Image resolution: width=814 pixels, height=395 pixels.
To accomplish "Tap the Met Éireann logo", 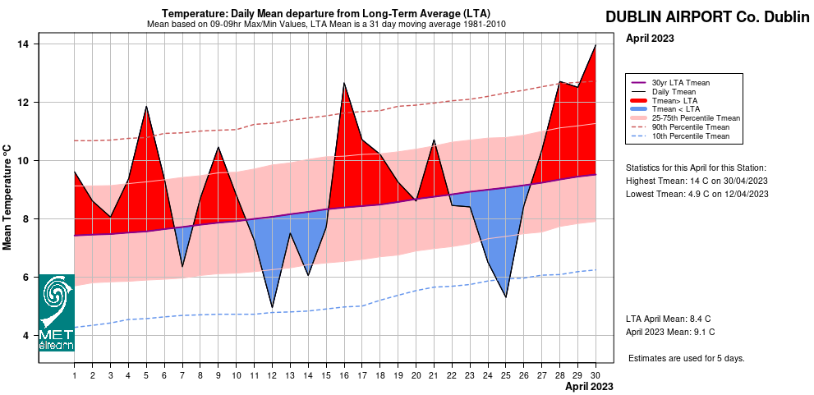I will coord(57,313).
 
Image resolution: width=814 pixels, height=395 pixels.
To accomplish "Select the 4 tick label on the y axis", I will coord(25,336).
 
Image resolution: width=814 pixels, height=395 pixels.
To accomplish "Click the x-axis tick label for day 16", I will coord(343,375).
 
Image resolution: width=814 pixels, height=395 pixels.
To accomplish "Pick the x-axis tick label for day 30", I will coord(594,375).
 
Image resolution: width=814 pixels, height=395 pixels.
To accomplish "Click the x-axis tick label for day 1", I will coord(75,375).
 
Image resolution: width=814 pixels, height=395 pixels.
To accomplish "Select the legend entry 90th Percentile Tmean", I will coord(690,127).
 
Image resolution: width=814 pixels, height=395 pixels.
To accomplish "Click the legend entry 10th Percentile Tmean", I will coord(690,136).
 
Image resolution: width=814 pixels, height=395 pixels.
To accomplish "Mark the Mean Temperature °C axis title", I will coord(7,197).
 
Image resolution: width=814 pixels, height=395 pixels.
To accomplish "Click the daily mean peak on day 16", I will coord(343,83).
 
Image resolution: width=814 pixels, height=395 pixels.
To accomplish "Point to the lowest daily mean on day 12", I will coord(272,307).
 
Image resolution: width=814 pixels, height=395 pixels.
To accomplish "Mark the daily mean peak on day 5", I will coord(146,106).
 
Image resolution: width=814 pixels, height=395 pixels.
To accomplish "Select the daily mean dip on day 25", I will coord(505,296).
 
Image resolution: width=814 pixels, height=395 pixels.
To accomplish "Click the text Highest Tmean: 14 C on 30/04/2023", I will coord(697,181).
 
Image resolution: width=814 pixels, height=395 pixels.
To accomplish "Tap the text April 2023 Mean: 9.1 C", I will coord(669,332).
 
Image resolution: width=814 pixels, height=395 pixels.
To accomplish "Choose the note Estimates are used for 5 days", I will coord(686,359).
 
